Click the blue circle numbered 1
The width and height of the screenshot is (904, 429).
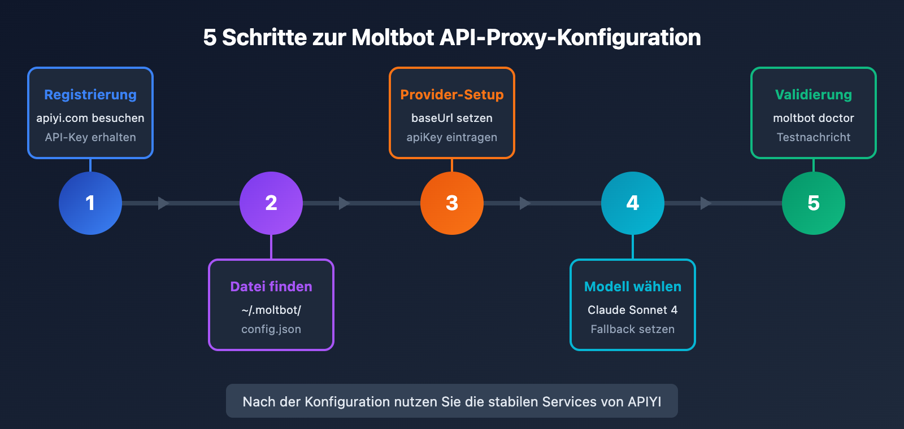[90, 203]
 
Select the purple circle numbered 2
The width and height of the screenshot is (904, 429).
[271, 203]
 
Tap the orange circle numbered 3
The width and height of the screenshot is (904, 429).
[452, 203]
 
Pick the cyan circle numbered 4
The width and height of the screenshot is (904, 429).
[633, 203]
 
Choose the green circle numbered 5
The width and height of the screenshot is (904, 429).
[814, 203]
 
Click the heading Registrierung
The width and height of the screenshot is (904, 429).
[90, 95]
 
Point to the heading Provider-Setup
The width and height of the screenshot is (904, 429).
[452, 95]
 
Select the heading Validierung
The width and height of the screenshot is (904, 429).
[814, 95]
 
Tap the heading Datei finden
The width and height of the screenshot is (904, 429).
[271, 287]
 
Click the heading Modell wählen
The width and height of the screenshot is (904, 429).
[633, 287]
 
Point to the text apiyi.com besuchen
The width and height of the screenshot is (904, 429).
[90, 119]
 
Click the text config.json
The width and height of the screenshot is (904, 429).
[271, 329]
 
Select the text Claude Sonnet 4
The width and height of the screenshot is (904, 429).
[633, 310]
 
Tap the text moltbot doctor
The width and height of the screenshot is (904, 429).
[814, 119]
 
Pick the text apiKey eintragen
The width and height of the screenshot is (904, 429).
[452, 137]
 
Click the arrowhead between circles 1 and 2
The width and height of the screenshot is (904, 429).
[163, 203]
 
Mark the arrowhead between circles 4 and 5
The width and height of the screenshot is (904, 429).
[706, 203]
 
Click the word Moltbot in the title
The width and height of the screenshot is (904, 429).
[393, 38]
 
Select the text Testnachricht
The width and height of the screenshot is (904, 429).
[814, 137]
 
